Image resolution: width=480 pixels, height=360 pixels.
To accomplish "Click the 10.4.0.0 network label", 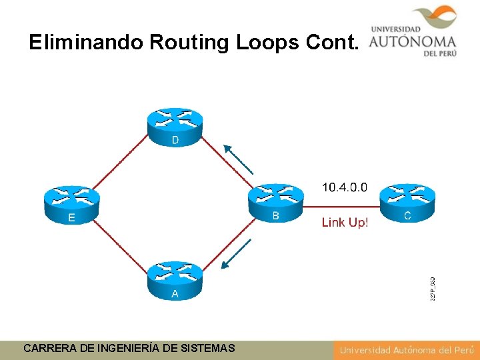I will (x=344, y=187).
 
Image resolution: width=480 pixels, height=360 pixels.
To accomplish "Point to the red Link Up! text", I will (x=345, y=222).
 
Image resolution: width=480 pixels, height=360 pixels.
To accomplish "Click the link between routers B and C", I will (x=342, y=206).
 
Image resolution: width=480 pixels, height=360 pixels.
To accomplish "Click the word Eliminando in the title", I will (x=86, y=43).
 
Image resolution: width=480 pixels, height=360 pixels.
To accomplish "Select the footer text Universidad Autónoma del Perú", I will (x=406, y=349).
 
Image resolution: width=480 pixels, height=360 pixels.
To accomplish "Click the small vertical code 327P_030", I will (x=433, y=287).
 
